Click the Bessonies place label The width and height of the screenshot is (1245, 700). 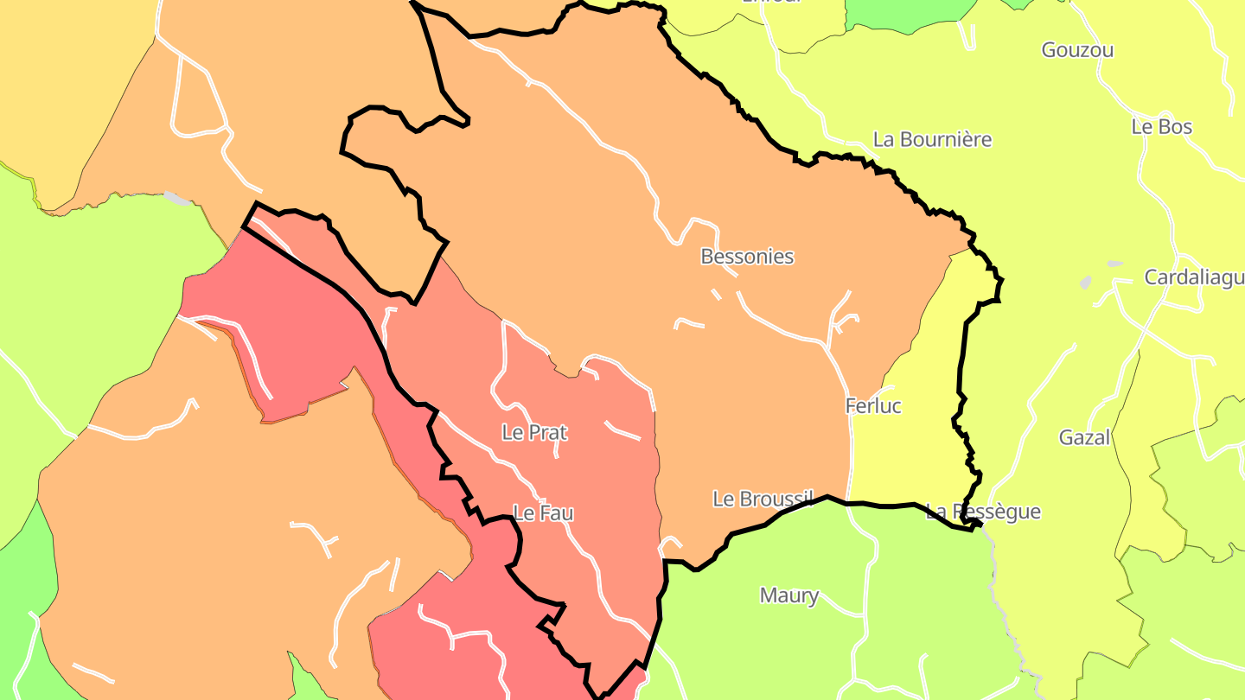[x=747, y=257]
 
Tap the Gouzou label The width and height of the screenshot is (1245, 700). [x=1077, y=50]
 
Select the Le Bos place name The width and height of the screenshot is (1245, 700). [x=1161, y=127]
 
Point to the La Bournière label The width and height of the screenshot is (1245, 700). [x=932, y=139]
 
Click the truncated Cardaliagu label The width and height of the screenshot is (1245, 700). [x=1194, y=277]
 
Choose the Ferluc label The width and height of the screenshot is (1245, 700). [x=873, y=406]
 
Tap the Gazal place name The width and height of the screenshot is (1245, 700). [x=1084, y=437]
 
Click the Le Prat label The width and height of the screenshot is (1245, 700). [x=534, y=432]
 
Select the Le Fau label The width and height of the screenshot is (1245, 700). [x=543, y=513]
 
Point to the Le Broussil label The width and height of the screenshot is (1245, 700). [x=763, y=499]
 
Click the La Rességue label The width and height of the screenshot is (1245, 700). [x=983, y=512]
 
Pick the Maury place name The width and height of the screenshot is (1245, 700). [x=788, y=595]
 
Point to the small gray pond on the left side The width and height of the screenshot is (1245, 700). [x=176, y=198]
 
